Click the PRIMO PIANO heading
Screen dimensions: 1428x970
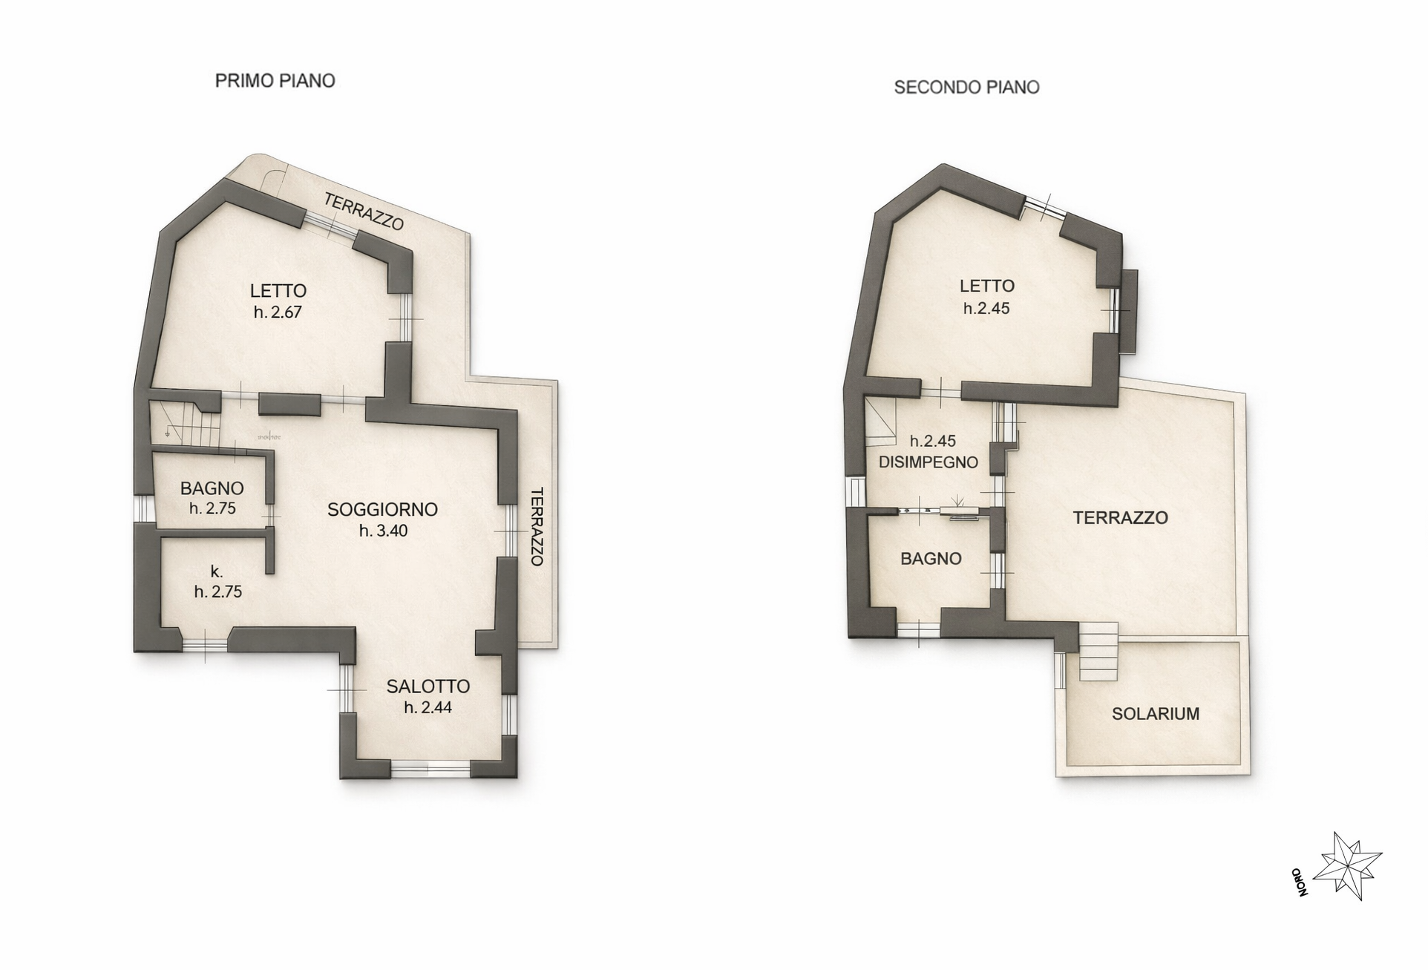275,80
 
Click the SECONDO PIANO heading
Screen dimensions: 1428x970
966,88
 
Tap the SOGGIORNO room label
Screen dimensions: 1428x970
382,509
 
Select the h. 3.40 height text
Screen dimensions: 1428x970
383,531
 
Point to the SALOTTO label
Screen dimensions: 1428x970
428,686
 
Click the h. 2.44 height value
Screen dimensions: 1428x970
428,707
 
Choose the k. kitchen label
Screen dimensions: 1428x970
217,571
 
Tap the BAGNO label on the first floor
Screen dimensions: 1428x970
212,488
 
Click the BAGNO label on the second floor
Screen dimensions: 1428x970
931,559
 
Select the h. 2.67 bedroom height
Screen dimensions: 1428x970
278,312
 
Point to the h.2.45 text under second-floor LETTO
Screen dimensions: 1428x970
986,308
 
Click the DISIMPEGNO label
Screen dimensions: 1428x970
928,462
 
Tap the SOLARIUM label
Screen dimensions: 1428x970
1156,714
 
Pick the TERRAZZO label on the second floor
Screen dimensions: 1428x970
1121,517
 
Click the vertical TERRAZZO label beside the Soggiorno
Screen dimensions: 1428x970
537,527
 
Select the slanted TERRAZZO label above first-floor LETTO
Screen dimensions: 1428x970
364,212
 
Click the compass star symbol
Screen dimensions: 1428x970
1348,866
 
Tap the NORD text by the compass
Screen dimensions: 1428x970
1299,882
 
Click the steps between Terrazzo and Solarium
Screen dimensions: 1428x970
1098,652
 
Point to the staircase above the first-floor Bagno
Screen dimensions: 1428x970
185,423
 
